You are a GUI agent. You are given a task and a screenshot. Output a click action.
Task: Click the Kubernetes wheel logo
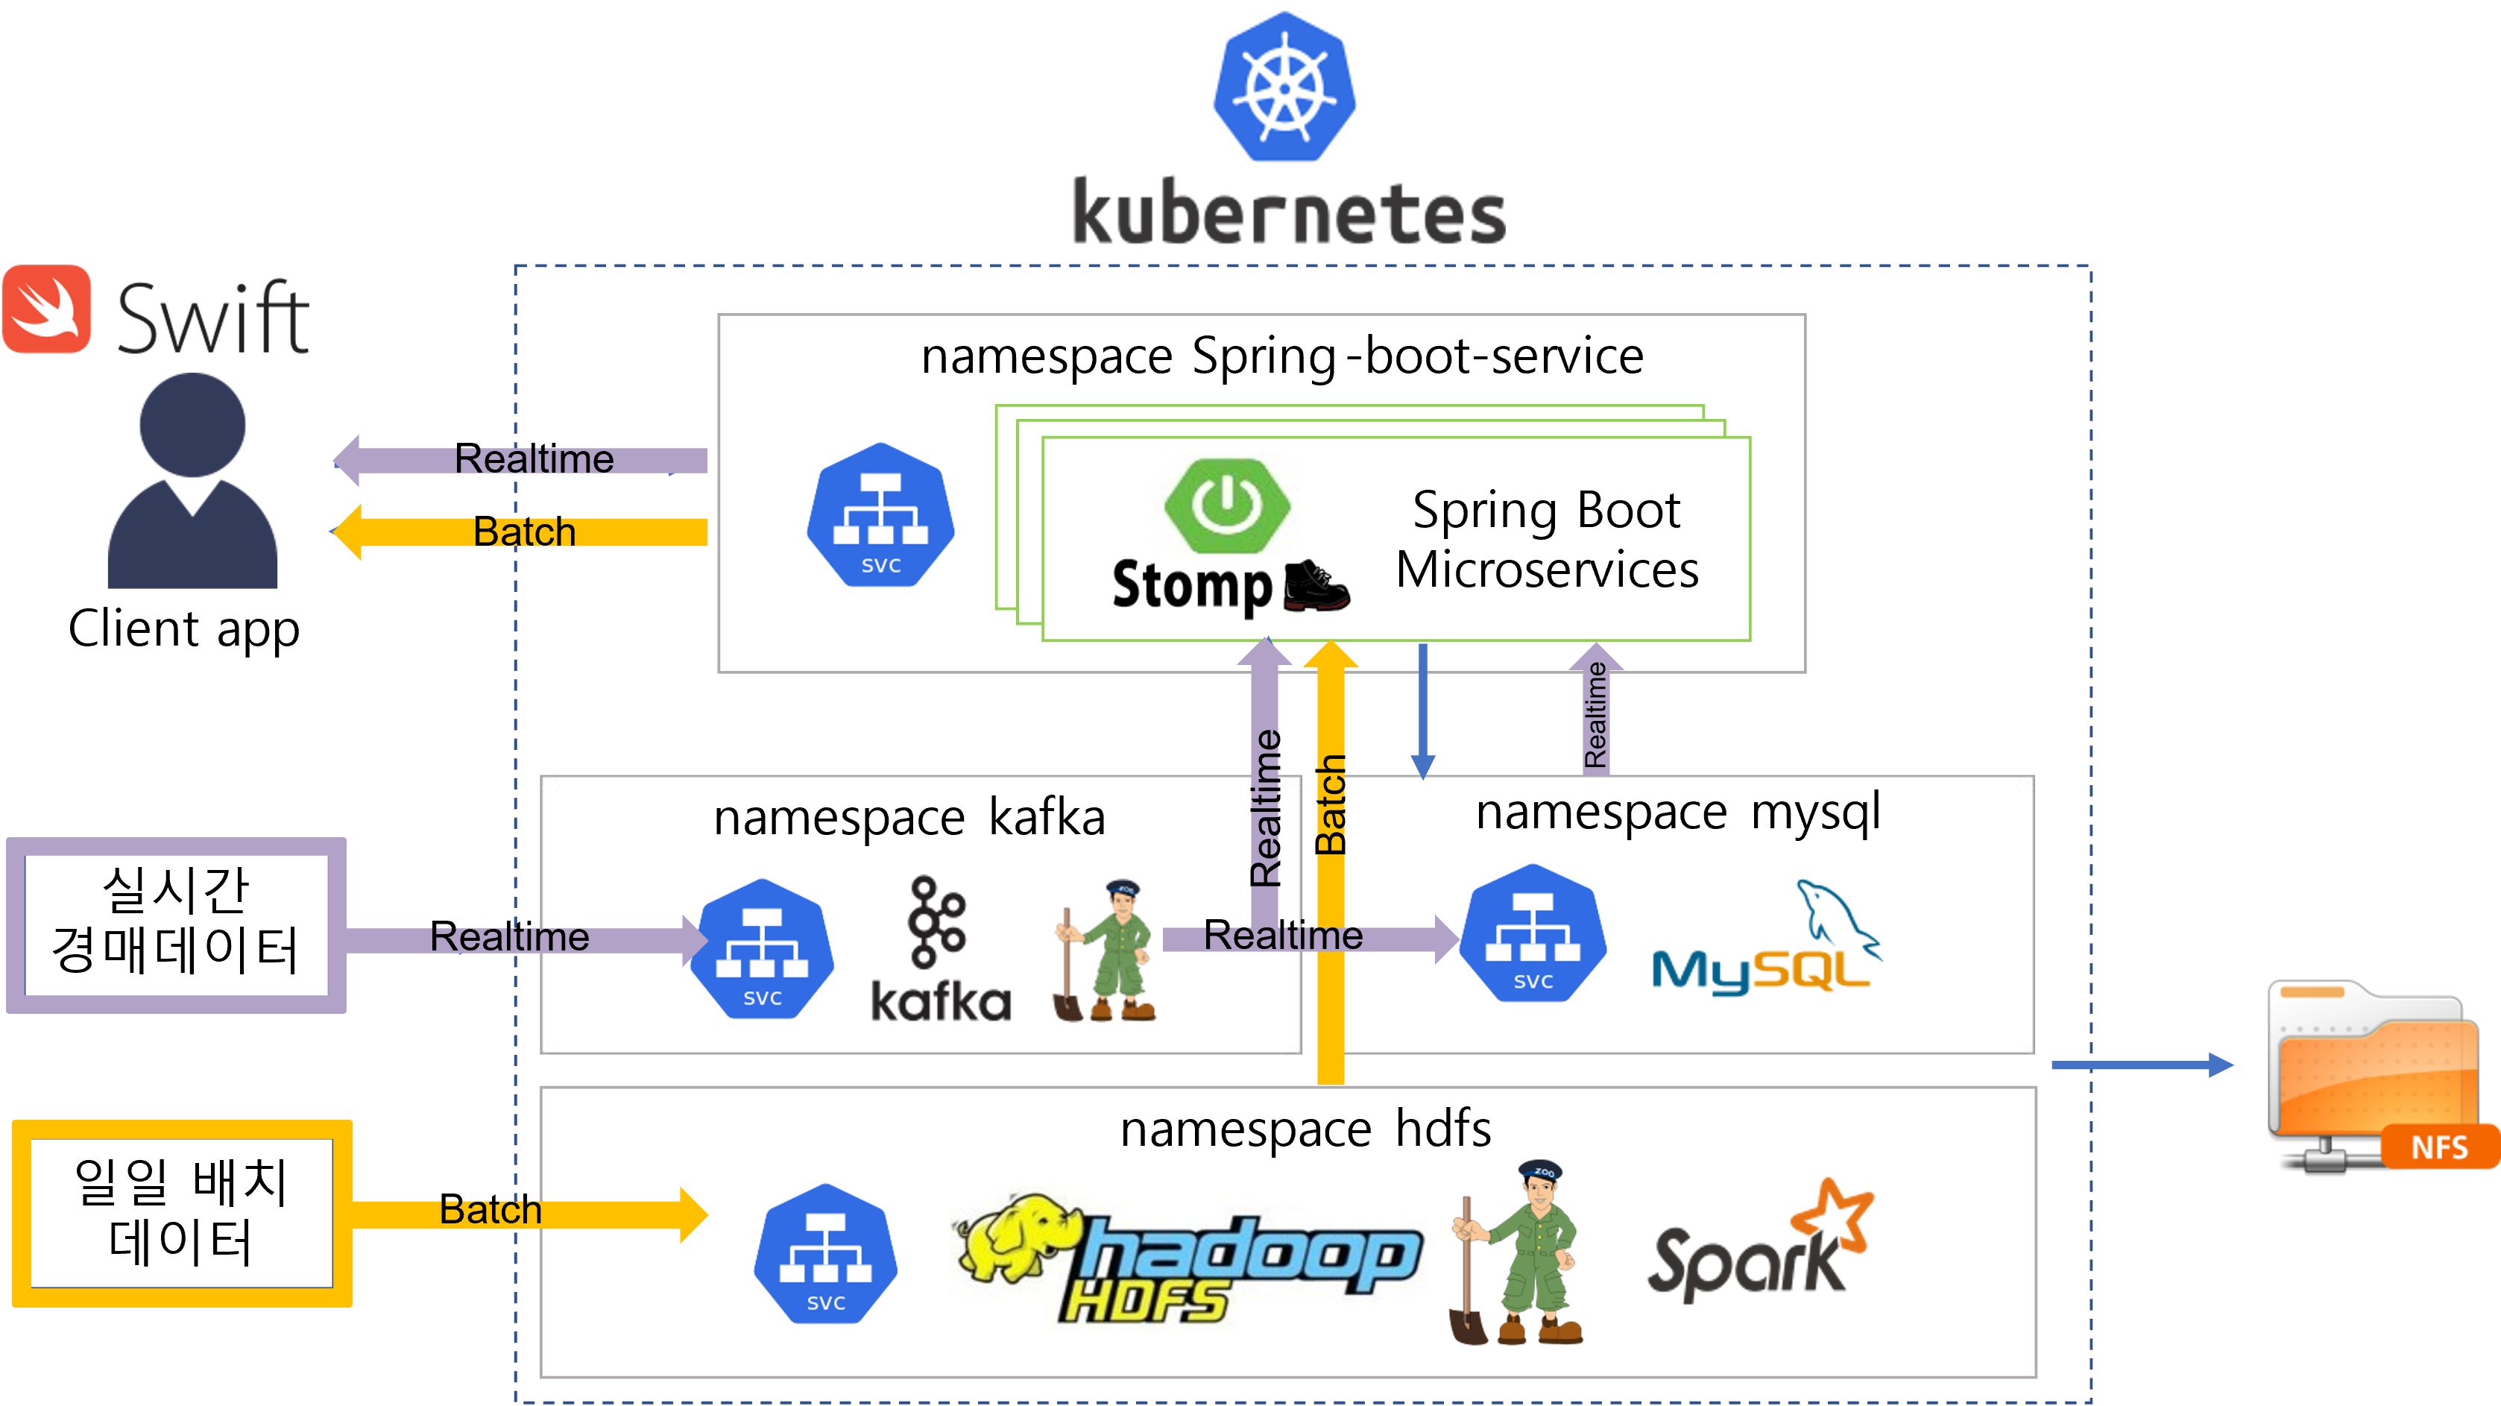coord(1284,87)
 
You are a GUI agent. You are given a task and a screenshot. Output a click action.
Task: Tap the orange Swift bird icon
coord(47,309)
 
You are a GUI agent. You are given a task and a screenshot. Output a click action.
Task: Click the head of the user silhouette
coord(192,424)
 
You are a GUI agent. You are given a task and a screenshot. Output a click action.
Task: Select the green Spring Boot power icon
coord(1227,505)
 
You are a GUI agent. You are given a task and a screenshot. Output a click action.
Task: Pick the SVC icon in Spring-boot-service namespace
coord(880,516)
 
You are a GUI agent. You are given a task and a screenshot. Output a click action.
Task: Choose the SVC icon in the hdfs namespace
coord(825,1254)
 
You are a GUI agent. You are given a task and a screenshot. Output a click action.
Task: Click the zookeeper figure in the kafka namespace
coord(1107,951)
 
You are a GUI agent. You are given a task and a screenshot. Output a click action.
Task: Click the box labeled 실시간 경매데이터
coord(176,924)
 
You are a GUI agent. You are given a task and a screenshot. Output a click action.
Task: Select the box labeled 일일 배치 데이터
coord(182,1213)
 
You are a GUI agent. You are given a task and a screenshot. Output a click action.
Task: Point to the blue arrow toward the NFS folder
coord(2142,1065)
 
